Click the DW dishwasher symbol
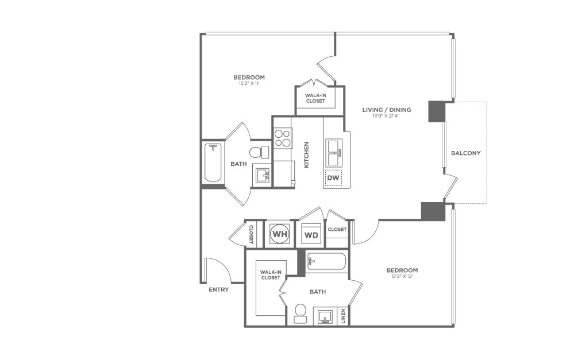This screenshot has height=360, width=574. (333, 178)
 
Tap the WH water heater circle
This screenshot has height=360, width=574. (280, 234)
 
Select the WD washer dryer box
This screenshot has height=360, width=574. (311, 235)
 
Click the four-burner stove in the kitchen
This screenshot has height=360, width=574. (282, 138)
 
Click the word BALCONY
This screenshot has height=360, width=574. (465, 153)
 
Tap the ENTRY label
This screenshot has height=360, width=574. (218, 289)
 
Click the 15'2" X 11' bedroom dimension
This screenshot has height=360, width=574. (249, 84)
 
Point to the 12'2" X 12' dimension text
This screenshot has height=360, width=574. (402, 277)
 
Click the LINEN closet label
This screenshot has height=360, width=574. (343, 315)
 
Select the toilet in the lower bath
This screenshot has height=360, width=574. (300, 312)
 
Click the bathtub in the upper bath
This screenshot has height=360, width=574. (213, 162)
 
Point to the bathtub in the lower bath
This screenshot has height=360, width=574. (327, 262)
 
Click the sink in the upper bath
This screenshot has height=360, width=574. (261, 175)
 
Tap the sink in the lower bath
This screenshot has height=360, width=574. (325, 316)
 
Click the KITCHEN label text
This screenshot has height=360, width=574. (306, 154)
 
